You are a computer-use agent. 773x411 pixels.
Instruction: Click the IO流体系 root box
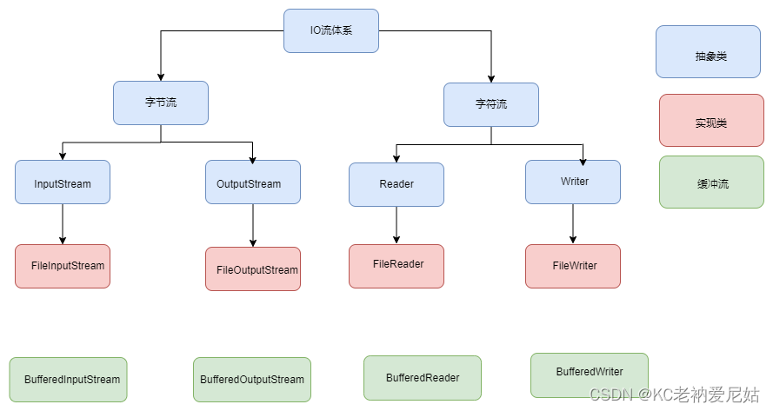[331, 30]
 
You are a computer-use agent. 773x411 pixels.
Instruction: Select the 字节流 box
[161, 103]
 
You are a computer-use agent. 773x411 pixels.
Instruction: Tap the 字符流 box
[491, 104]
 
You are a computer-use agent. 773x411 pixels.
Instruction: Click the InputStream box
[63, 182]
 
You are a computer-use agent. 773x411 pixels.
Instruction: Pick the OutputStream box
[253, 182]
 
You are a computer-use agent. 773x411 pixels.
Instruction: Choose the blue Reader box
[396, 184]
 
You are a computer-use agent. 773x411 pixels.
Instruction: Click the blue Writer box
[573, 182]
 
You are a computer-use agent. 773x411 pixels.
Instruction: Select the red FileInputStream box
[63, 266]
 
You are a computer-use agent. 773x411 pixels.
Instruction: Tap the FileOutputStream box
[253, 269]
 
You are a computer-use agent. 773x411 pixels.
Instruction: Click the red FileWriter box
[573, 266]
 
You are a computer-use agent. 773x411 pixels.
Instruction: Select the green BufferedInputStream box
[68, 380]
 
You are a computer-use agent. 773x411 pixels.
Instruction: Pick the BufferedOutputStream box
[251, 380]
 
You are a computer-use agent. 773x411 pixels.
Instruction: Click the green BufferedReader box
[423, 378]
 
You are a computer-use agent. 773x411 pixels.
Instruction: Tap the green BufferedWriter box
[590, 375]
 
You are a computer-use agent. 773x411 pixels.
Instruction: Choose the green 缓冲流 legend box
[710, 182]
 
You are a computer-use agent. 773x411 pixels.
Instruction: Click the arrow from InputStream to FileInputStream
[63, 224]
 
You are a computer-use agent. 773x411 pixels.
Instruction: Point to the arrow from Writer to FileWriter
[573, 224]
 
